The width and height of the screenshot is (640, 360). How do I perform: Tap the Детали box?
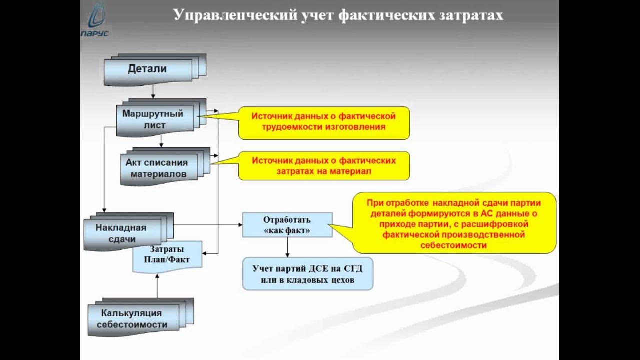[x=148, y=69]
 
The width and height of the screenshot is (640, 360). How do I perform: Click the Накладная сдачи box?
[x=122, y=233]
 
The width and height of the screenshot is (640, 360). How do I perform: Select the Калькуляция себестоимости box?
[x=132, y=319]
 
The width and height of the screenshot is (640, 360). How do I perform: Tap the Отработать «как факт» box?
[x=287, y=225]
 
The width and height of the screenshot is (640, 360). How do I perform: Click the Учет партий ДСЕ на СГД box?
[x=307, y=274]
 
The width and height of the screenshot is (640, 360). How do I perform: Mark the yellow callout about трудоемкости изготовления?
[x=324, y=122]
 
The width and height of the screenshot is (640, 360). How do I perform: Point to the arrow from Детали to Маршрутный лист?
[x=153, y=91]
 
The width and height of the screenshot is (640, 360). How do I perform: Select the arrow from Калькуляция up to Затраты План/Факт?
[x=157, y=287]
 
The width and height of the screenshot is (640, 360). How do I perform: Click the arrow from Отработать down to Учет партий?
[x=287, y=247]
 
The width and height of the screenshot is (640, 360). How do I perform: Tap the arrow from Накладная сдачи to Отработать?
[x=207, y=224]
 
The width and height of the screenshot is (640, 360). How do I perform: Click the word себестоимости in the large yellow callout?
[x=453, y=246]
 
